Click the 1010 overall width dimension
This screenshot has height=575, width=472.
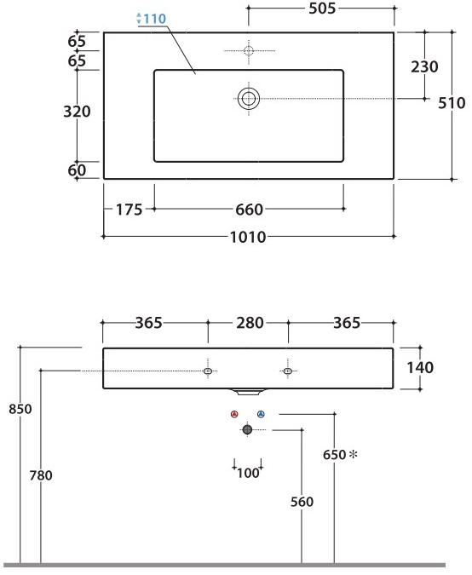pyautogui.click(x=248, y=237)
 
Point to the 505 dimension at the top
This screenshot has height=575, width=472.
pyautogui.click(x=320, y=9)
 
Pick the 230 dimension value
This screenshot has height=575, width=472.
pyautogui.click(x=424, y=66)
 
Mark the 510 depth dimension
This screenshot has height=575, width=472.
pyautogui.click(x=451, y=103)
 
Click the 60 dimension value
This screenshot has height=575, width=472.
pyautogui.click(x=77, y=170)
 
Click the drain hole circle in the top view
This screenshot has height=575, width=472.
pyautogui.click(x=248, y=98)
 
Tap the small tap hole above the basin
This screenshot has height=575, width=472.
pyautogui.click(x=248, y=51)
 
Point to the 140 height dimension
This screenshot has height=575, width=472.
pyautogui.click(x=420, y=368)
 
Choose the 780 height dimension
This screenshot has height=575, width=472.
pyautogui.click(x=41, y=475)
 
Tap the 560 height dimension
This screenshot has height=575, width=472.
pyautogui.click(x=302, y=502)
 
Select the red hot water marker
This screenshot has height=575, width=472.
pyautogui.click(x=234, y=415)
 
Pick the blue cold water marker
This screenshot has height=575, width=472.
pyautogui.click(x=261, y=415)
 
